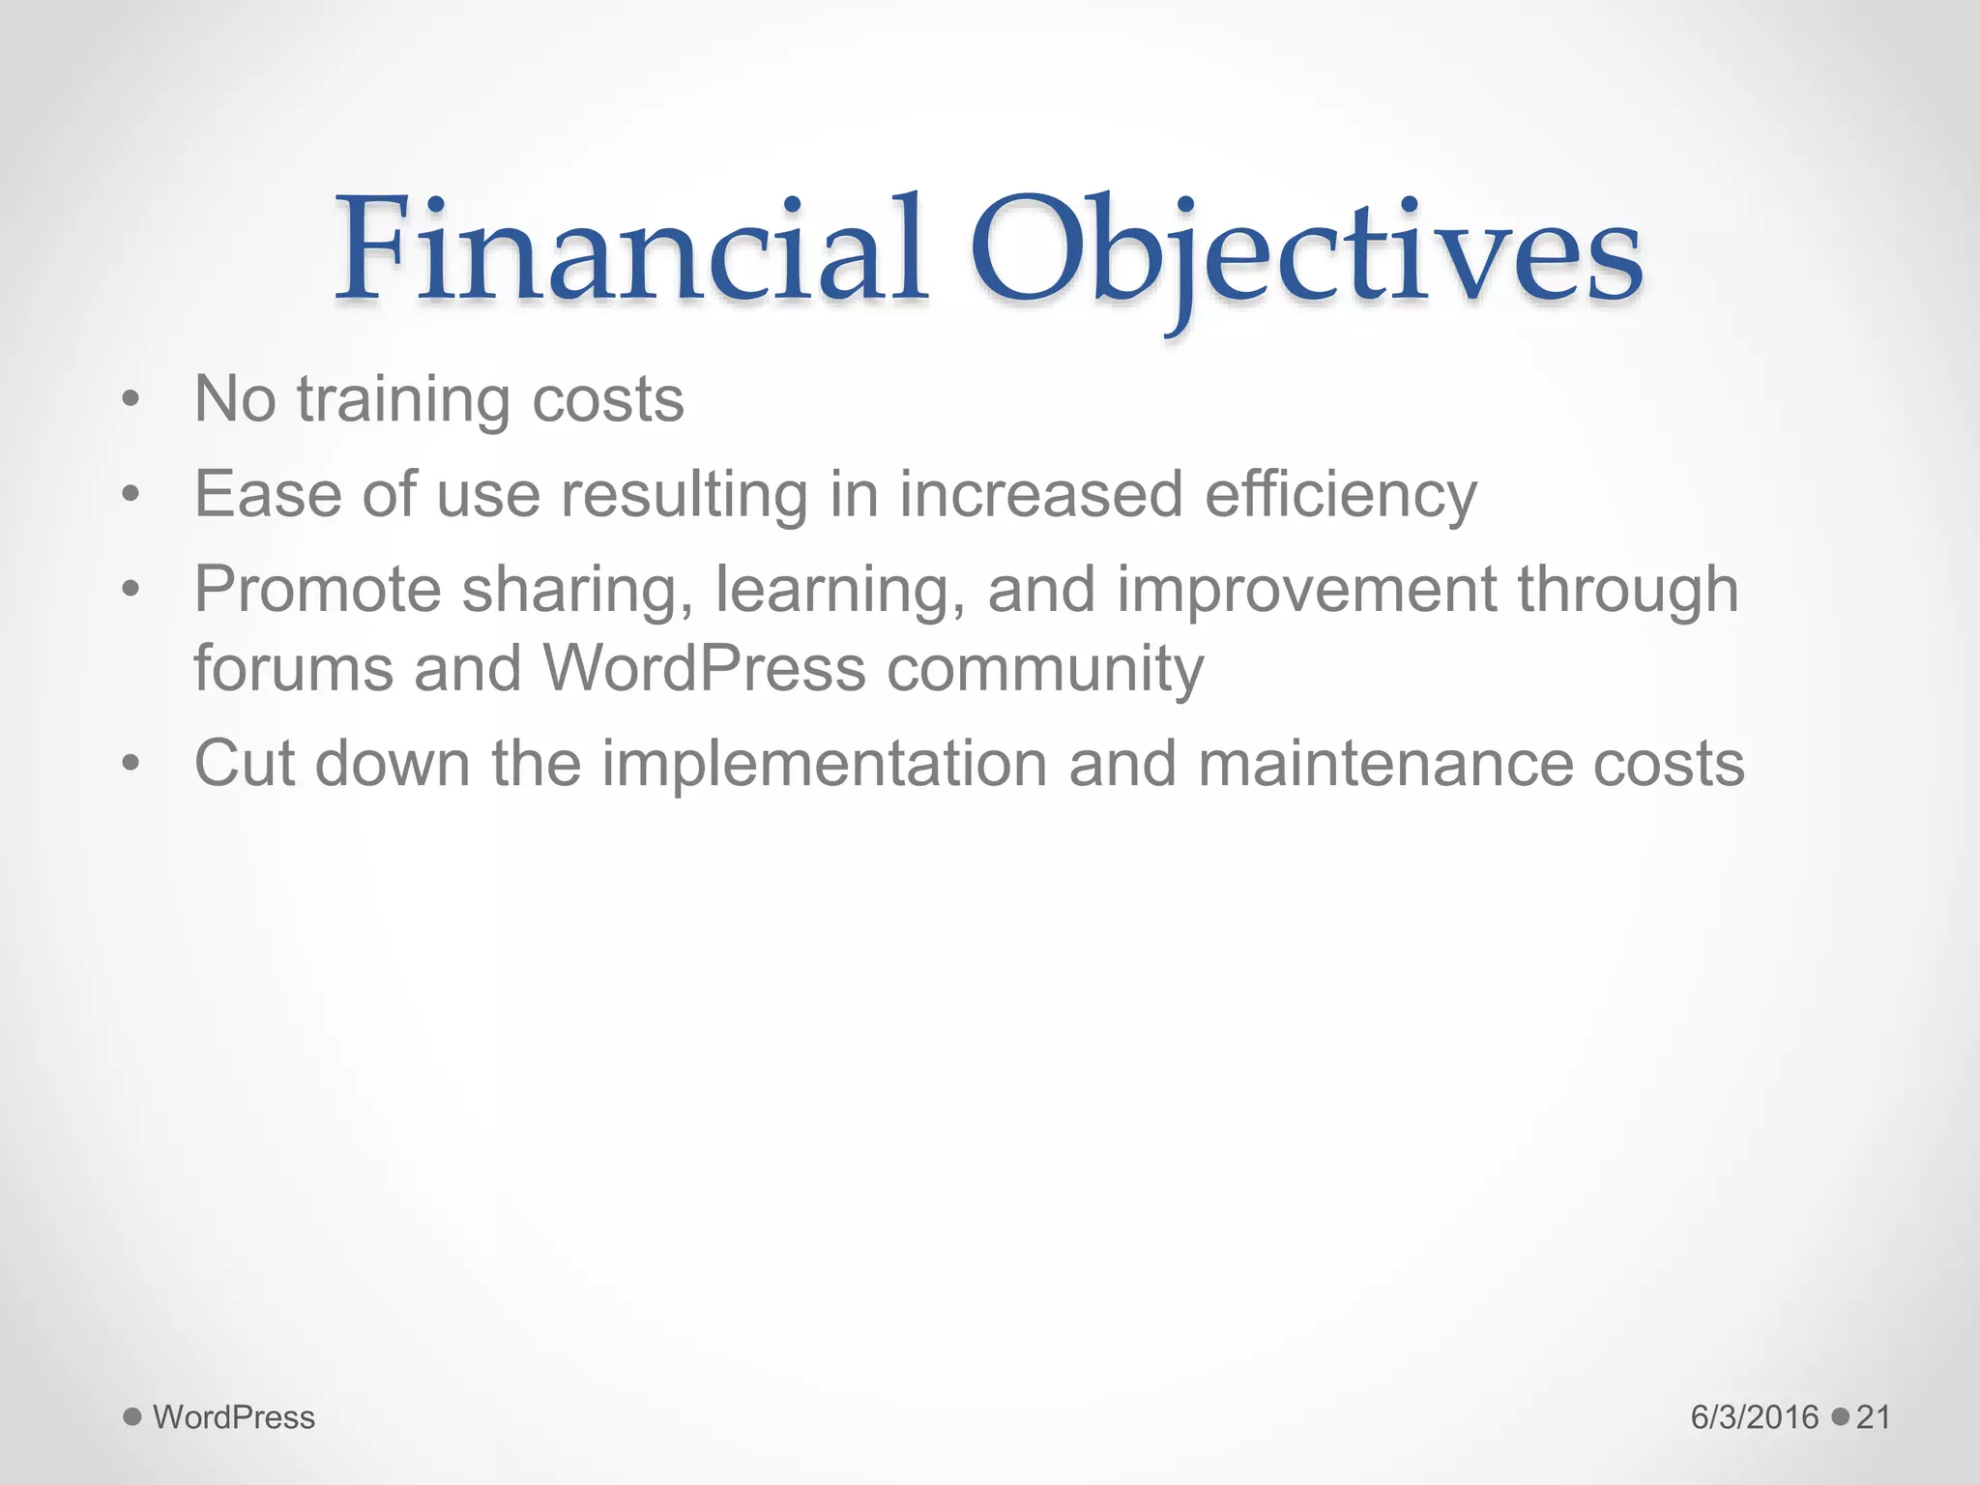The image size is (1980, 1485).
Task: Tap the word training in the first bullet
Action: (x=402, y=399)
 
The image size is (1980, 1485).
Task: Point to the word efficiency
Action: (x=1341, y=494)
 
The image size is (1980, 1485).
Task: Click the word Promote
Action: (x=317, y=589)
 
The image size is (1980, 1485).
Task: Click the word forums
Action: (x=293, y=668)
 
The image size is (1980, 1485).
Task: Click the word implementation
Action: (x=825, y=764)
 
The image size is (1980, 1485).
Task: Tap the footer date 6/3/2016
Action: (x=1755, y=1417)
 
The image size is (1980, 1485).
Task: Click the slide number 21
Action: (x=1874, y=1417)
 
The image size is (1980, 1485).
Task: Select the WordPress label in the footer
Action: (x=234, y=1417)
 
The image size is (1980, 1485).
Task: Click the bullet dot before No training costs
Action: (x=131, y=399)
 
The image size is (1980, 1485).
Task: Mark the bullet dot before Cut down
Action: (x=131, y=764)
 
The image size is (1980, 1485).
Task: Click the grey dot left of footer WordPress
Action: (x=132, y=1417)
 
